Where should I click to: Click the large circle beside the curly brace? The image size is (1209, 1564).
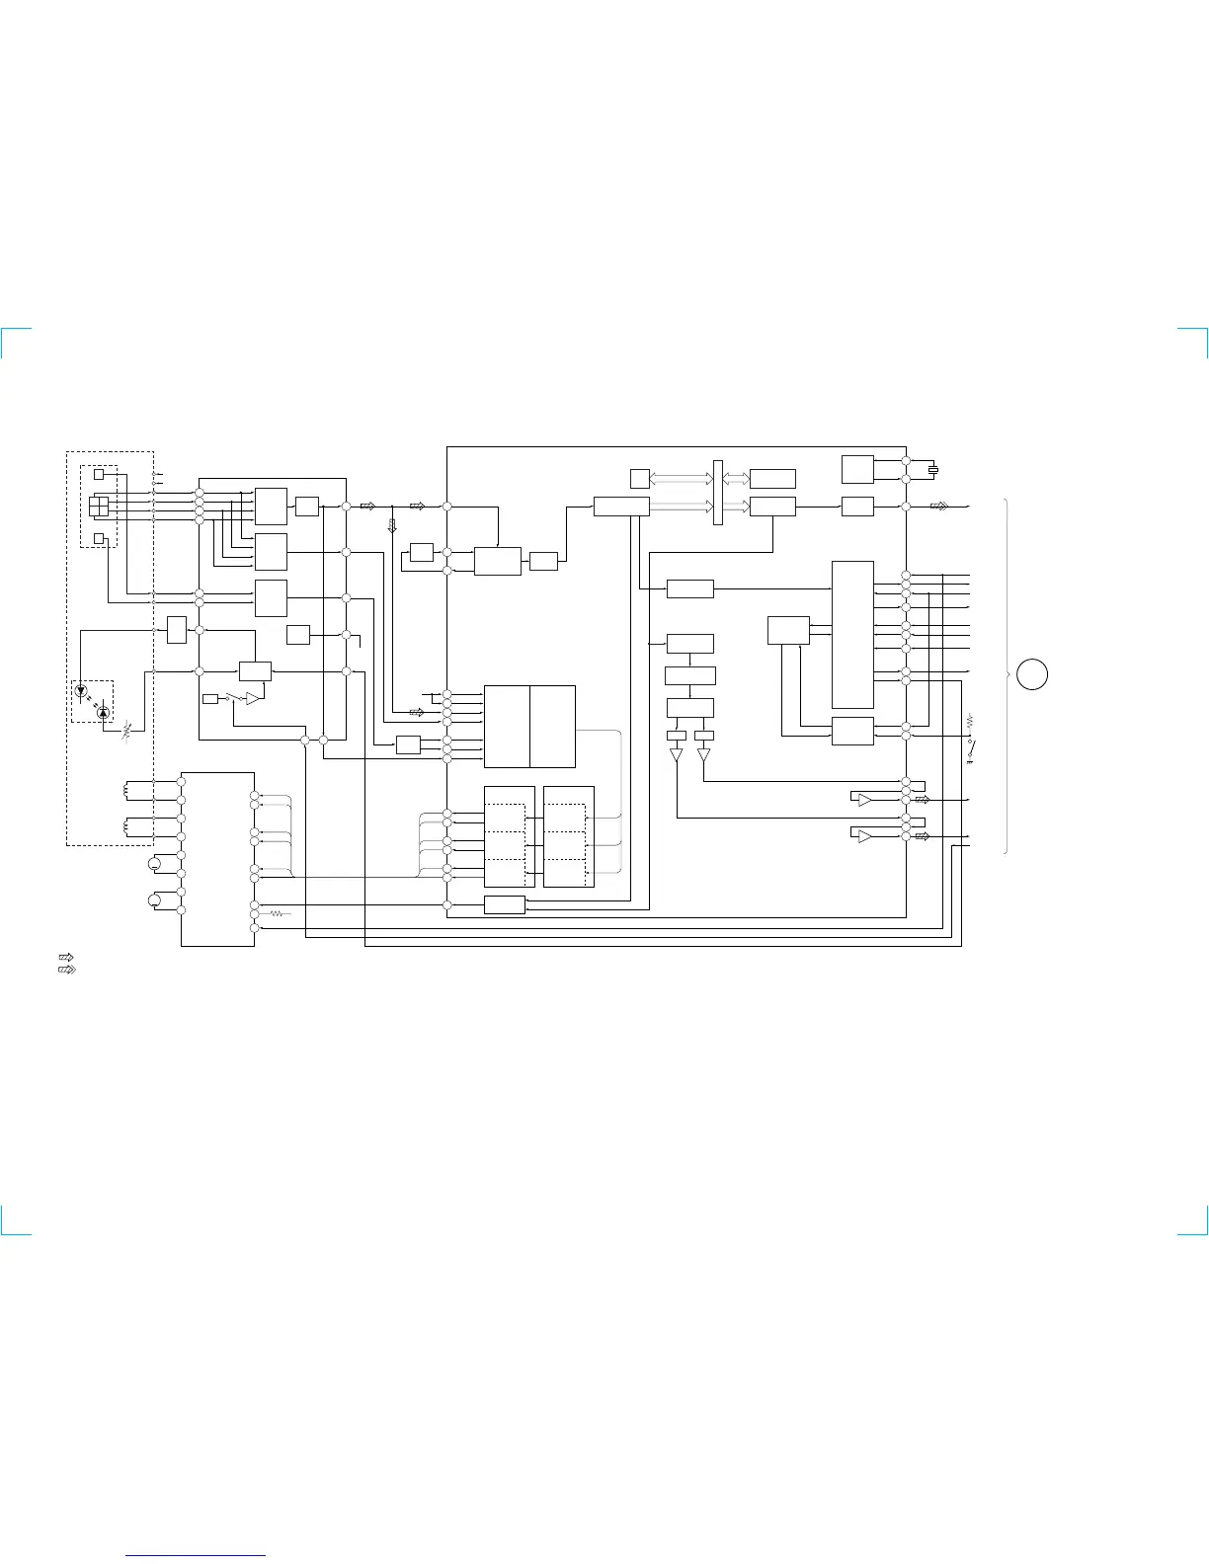point(1033,673)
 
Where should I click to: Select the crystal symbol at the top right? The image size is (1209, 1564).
point(933,470)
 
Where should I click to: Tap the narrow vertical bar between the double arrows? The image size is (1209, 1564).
point(718,492)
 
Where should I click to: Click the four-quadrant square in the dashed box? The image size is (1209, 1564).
point(99,507)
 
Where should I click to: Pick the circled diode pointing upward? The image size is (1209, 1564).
point(103,711)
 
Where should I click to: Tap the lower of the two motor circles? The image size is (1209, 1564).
point(154,899)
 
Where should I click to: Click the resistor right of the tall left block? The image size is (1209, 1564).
point(277,914)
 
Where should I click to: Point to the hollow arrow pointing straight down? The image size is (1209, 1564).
point(392,524)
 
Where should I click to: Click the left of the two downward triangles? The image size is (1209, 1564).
point(677,756)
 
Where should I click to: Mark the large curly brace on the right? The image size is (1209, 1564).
point(1007,675)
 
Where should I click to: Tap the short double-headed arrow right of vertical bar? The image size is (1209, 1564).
point(736,479)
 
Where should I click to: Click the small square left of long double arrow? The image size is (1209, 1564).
point(640,479)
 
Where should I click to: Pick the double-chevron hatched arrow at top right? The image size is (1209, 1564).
point(939,507)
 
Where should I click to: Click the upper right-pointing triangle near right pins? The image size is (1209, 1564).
point(865,800)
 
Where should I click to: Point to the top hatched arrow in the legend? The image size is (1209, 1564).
point(67,957)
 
